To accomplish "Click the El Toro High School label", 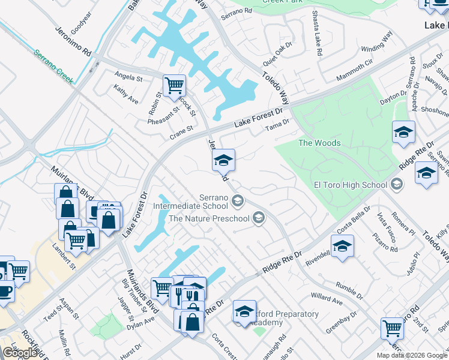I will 352,184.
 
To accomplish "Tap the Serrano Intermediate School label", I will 191,202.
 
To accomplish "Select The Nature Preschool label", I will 209,218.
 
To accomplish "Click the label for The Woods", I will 319,143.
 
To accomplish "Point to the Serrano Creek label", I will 53,66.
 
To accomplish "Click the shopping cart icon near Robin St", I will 174,85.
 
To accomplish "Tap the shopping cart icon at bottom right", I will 392,328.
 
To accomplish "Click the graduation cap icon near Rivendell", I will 342,246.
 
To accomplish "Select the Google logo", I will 19,353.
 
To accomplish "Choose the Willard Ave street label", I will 327,296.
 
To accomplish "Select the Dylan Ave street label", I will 140,323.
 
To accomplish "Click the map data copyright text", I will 412,355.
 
